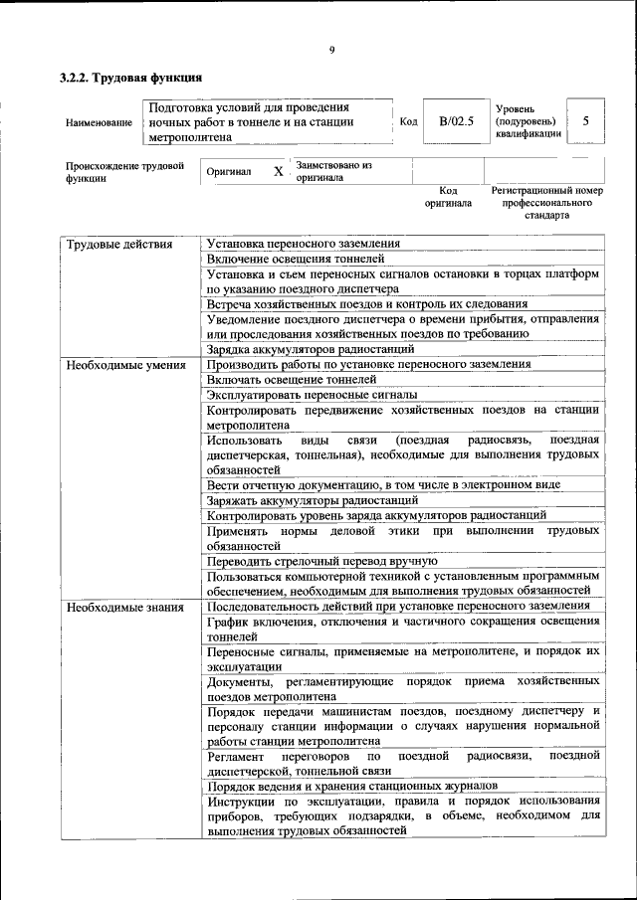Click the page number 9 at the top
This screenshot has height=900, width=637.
pos(331,50)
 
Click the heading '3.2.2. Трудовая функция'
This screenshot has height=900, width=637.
pos(129,77)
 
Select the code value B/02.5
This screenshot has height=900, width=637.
pos(456,121)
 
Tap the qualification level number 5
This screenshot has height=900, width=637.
pos(586,121)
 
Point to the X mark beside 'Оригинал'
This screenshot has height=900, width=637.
pos(279,171)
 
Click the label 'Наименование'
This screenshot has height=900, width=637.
pos(99,122)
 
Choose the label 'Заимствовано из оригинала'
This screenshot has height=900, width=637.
pos(333,171)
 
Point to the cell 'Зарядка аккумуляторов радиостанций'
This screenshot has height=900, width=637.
pos(310,350)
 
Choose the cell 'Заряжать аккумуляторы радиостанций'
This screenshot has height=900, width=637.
pos(305,500)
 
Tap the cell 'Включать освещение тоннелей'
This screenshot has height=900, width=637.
pos(292,380)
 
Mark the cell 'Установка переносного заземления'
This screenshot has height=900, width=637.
pos(304,244)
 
